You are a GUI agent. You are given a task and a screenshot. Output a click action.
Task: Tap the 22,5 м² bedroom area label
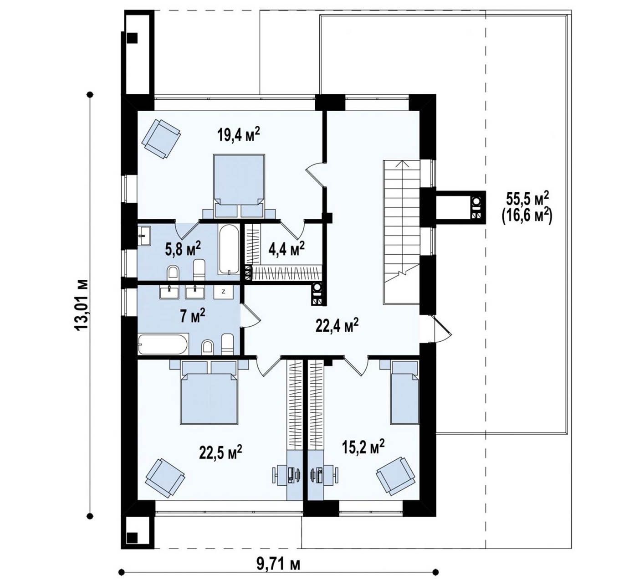pos(221,452)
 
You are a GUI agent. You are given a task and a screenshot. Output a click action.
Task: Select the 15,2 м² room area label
pos(363,447)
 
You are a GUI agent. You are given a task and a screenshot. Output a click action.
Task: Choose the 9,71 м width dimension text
pos(278,565)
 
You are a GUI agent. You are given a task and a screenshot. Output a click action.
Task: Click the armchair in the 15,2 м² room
pos(396,476)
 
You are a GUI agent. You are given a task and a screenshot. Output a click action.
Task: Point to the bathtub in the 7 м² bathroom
pos(164,344)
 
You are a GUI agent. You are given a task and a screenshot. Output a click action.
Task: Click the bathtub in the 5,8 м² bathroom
pos(229,250)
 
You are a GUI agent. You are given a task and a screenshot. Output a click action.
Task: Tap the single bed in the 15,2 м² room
pos(404,392)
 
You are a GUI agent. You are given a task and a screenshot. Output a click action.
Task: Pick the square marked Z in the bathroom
pos(223,292)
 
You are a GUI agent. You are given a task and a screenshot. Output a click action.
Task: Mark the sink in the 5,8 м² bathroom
pos(145,236)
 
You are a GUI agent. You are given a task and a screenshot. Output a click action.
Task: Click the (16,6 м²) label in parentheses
pos(527,217)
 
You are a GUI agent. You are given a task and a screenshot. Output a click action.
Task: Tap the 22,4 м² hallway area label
pos(337,325)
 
